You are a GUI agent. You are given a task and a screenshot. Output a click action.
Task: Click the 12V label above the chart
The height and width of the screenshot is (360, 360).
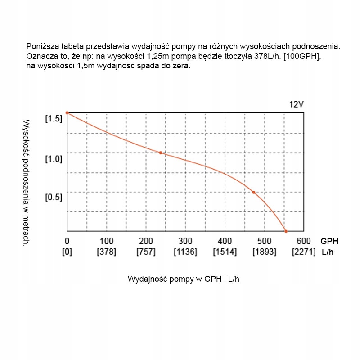point(297,104)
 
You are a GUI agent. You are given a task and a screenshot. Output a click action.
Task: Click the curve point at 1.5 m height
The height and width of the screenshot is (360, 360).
point(67,112)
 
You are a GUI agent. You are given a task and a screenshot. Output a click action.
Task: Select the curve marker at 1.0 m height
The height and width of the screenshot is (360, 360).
point(160,153)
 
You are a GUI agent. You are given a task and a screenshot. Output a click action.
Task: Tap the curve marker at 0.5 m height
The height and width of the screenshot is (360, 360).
point(254,192)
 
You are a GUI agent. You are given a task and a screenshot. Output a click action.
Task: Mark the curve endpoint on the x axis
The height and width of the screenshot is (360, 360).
point(286,231)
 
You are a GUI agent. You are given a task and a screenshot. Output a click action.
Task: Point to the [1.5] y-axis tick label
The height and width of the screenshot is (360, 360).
point(53,119)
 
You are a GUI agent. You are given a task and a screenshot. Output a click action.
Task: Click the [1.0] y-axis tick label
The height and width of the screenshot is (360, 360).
point(53,159)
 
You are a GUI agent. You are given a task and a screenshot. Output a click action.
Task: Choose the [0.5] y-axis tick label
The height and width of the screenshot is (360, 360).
point(53,197)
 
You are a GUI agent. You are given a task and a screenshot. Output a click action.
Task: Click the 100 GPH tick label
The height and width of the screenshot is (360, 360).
point(106,241)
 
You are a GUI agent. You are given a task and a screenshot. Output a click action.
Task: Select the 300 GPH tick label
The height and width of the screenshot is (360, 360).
point(185,241)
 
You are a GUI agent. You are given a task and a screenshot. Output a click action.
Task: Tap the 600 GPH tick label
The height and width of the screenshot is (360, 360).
point(304,241)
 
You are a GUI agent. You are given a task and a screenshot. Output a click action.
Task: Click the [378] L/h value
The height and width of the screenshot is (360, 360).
point(106,252)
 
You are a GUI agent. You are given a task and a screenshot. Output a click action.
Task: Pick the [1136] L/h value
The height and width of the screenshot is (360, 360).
point(185,252)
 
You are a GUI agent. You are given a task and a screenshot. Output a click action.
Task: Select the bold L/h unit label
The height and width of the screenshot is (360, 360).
point(328,252)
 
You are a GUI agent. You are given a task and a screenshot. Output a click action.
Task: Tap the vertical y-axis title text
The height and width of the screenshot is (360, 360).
point(26,182)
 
